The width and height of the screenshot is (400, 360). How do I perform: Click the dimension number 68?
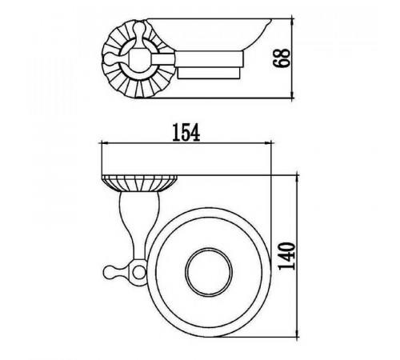[x=282, y=58]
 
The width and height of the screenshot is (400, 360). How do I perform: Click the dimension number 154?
[x=186, y=132]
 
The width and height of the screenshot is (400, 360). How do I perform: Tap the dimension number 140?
[x=287, y=256]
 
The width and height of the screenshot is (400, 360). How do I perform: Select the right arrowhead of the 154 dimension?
[x=267, y=143]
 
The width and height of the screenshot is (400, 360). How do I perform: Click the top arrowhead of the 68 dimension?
[x=293, y=22]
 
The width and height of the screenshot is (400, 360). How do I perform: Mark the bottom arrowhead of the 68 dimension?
[x=293, y=94]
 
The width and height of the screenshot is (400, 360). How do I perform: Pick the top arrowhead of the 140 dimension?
[x=298, y=179]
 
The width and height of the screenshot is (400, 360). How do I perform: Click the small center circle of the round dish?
[x=209, y=272]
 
